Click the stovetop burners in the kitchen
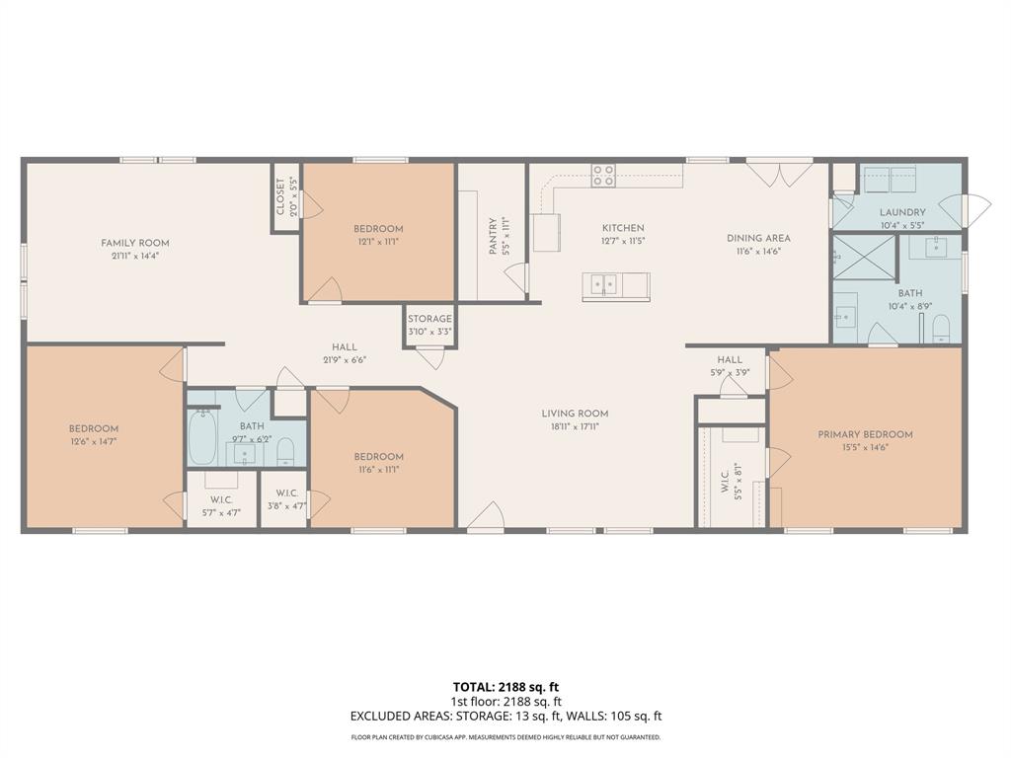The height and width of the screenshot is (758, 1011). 603,176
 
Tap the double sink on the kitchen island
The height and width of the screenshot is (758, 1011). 604,286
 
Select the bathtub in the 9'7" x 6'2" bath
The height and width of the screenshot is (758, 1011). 202,437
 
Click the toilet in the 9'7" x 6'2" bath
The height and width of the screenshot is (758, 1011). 285,452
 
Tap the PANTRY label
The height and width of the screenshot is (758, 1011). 495,237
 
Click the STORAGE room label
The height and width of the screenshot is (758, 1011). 430,319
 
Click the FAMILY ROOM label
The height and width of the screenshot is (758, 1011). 135,243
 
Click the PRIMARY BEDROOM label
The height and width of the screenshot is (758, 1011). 865,434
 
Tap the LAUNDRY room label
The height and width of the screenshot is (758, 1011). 902,212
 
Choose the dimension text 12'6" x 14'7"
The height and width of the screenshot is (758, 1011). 94,441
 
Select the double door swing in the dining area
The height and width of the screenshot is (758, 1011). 766,174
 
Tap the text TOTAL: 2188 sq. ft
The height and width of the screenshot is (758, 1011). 505,687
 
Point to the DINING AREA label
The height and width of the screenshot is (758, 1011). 758,238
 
